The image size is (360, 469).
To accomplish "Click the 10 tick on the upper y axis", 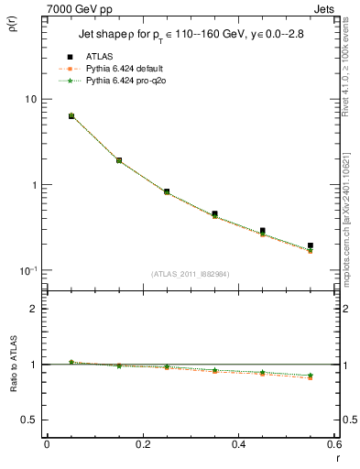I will pos(29,99).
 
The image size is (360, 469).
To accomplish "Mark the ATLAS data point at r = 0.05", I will pos(71,116).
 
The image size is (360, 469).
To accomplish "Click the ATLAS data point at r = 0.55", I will pos(311,245).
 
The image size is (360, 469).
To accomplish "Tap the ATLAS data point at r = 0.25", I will pos(167,191).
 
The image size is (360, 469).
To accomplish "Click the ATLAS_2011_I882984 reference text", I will pos(191,273).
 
